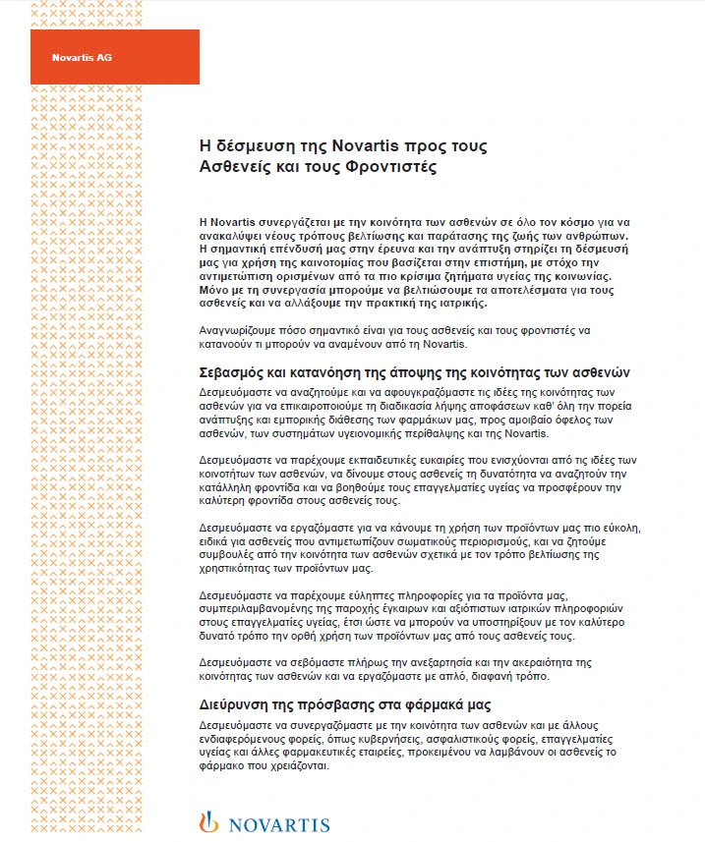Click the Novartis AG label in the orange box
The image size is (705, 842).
click(x=82, y=57)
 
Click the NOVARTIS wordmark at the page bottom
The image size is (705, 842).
click(x=278, y=823)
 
